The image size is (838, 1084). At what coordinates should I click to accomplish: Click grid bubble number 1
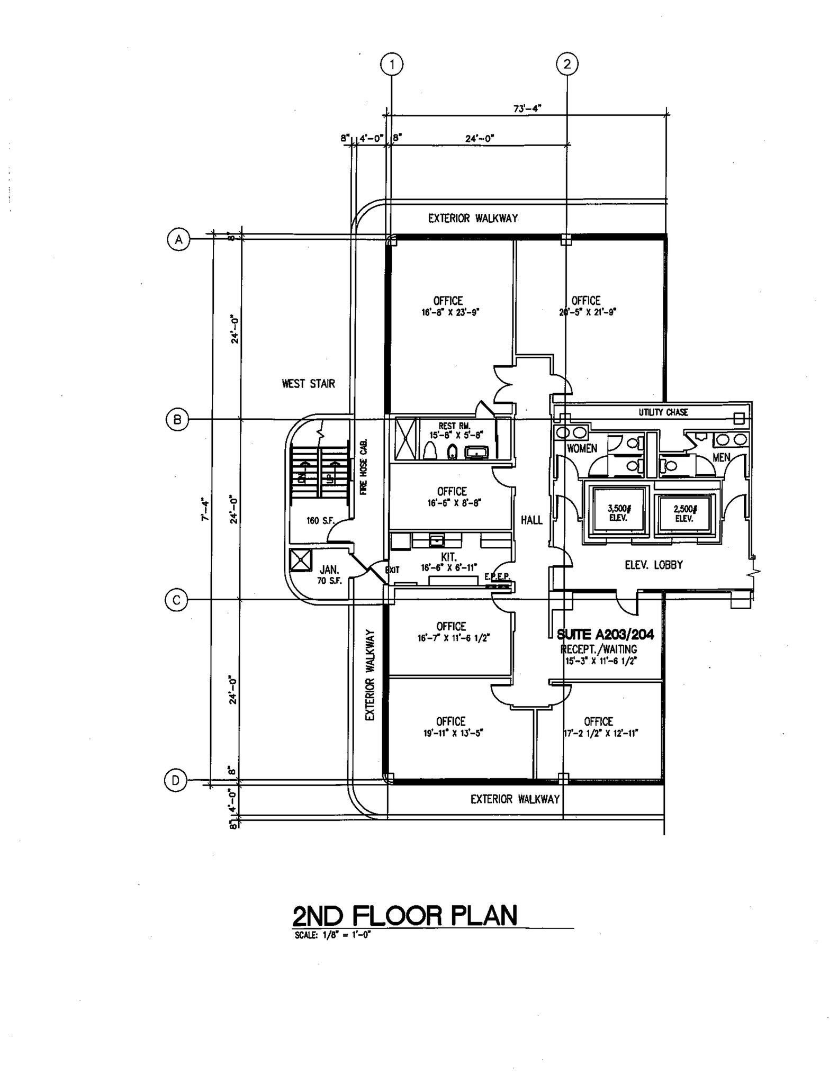click(392, 65)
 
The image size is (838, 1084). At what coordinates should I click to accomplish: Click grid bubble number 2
click(567, 65)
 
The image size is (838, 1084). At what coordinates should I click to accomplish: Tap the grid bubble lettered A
click(179, 239)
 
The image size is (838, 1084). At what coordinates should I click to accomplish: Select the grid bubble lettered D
click(176, 780)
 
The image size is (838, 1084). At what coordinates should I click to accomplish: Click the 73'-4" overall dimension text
click(527, 109)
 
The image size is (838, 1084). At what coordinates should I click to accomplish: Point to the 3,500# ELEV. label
click(619, 513)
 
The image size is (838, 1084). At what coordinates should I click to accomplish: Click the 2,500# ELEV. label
click(684, 513)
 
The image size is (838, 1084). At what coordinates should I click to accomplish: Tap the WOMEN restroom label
click(582, 448)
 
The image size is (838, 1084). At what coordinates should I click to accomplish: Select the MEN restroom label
click(721, 457)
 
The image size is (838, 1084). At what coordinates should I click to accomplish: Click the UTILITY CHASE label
click(663, 412)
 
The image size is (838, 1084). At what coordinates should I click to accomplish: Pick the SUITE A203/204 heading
click(605, 635)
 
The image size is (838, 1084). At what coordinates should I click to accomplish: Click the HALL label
click(531, 520)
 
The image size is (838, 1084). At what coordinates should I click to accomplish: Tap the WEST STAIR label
click(308, 384)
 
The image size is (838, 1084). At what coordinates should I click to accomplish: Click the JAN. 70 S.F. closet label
click(329, 575)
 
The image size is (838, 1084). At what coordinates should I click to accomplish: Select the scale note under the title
click(333, 935)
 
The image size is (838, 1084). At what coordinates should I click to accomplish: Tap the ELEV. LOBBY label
click(654, 565)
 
